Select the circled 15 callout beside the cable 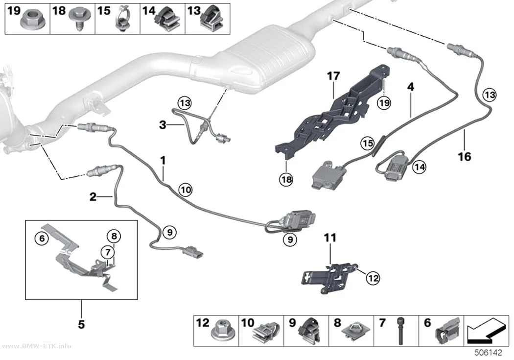pyautogui.click(x=368, y=144)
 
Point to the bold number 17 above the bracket pyautogui.click(x=333, y=76)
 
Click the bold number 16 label pyautogui.click(x=465, y=157)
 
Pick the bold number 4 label pyautogui.click(x=410, y=87)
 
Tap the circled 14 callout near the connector pyautogui.click(x=420, y=167)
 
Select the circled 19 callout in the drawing pyautogui.click(x=384, y=103)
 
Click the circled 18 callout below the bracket pyautogui.click(x=286, y=179)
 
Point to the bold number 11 pyautogui.click(x=330, y=238)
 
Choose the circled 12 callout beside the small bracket pyautogui.click(x=373, y=278)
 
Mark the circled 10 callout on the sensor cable pyautogui.click(x=186, y=190)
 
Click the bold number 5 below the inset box pyautogui.click(x=81, y=324)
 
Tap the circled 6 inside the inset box pyautogui.click(x=42, y=239)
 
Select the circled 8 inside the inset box pyautogui.click(x=114, y=236)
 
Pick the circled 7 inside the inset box pyautogui.click(x=108, y=252)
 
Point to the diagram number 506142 pyautogui.click(x=489, y=353)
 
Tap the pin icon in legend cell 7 pyautogui.click(x=400, y=331)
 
